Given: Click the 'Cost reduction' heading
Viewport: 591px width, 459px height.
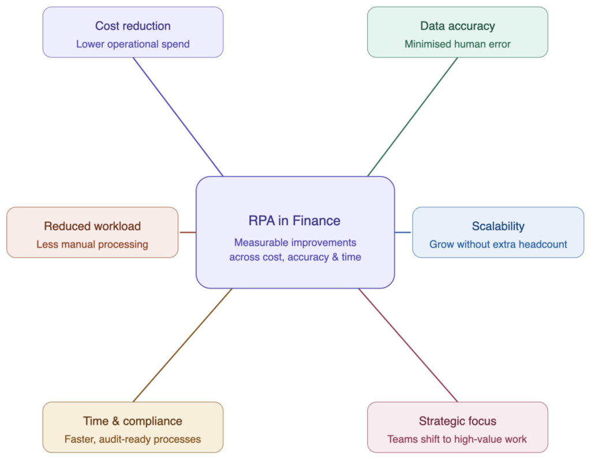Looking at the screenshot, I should click(133, 26).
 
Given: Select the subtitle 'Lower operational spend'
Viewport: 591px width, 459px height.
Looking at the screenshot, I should click(133, 44).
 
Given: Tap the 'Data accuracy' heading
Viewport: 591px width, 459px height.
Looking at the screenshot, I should click(457, 26).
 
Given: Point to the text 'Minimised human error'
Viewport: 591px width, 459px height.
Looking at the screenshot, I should click(457, 44).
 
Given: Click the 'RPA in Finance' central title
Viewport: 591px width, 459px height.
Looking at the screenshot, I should click(294, 221).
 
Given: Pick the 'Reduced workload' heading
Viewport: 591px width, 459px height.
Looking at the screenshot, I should click(92, 226).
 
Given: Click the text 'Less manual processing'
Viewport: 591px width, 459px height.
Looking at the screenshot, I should click(92, 245).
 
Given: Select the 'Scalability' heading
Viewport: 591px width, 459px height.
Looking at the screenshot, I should click(498, 226).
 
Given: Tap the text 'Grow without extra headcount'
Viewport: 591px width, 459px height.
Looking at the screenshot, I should click(498, 245).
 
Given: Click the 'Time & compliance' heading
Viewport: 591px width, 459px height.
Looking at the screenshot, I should click(133, 421).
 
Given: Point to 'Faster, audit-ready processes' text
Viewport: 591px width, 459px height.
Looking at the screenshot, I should click(133, 439).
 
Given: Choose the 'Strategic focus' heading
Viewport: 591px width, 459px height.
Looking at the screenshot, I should click(457, 421).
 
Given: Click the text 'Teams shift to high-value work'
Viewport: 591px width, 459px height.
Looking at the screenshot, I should click(457, 439).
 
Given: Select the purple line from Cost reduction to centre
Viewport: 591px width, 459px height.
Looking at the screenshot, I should click(178, 117).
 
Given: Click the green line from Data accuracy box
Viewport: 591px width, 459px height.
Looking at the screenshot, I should click(413, 117).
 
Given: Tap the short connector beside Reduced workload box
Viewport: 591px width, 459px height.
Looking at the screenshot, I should click(187, 233).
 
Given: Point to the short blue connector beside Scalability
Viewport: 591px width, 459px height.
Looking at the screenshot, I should click(403, 233).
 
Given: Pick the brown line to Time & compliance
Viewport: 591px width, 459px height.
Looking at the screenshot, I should click(182, 345).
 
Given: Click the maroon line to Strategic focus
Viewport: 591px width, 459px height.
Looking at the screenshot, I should click(408, 345).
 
